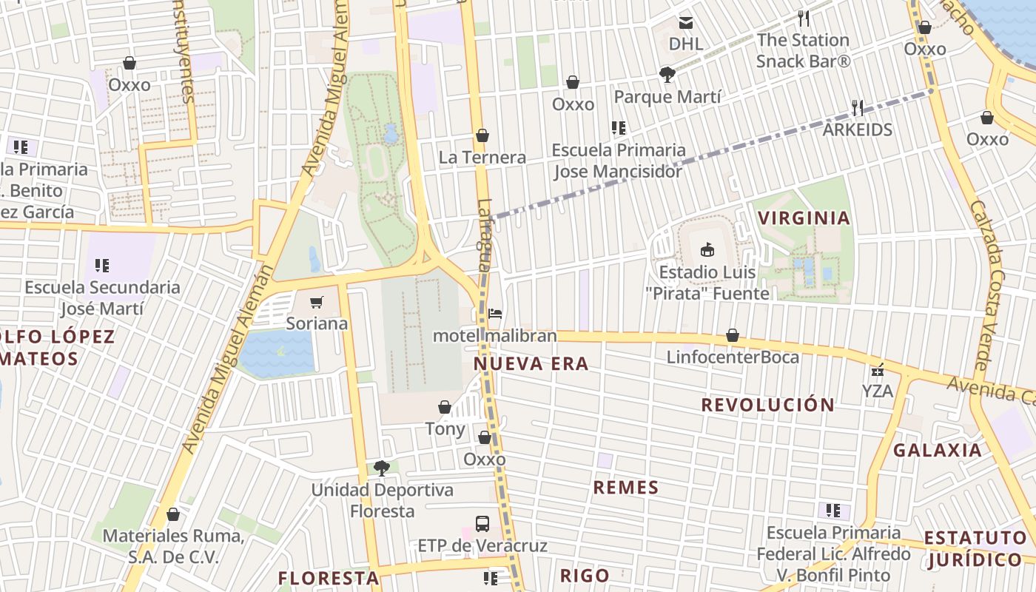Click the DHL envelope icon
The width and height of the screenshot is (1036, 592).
pyautogui.click(x=686, y=22)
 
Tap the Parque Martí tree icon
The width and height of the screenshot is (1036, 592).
pyautogui.click(x=667, y=74)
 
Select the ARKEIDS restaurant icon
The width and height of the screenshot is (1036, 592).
pyautogui.click(x=858, y=108)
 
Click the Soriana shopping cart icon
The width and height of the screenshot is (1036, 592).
pyautogui.click(x=317, y=302)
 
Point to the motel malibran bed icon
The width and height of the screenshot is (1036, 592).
pyautogui.click(x=495, y=314)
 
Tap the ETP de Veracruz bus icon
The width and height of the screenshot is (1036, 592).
pyautogui.click(x=482, y=524)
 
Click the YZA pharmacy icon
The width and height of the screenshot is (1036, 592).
pyautogui.click(x=878, y=369)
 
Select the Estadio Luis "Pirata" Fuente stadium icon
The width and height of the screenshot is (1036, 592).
pyautogui.click(x=707, y=250)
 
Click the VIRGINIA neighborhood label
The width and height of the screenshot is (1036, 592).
pyautogui.click(x=803, y=218)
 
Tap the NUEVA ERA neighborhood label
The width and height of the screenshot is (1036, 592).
pyautogui.click(x=531, y=363)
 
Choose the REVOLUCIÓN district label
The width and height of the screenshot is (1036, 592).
pyautogui.click(x=768, y=405)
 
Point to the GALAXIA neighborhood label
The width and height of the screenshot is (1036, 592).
pyautogui.click(x=938, y=450)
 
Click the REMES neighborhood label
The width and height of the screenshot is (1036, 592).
pyautogui.click(x=626, y=487)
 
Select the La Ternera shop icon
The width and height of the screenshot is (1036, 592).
pyautogui.click(x=482, y=135)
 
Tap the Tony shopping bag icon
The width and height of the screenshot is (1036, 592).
pyautogui.click(x=445, y=407)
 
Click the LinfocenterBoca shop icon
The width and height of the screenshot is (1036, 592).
pyautogui.click(x=733, y=336)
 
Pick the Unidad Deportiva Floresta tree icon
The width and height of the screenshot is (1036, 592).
pyautogui.click(x=382, y=468)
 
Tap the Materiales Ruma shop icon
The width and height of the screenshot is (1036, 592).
pyautogui.click(x=173, y=514)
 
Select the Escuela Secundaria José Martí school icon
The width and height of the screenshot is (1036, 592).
pyautogui.click(x=102, y=265)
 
